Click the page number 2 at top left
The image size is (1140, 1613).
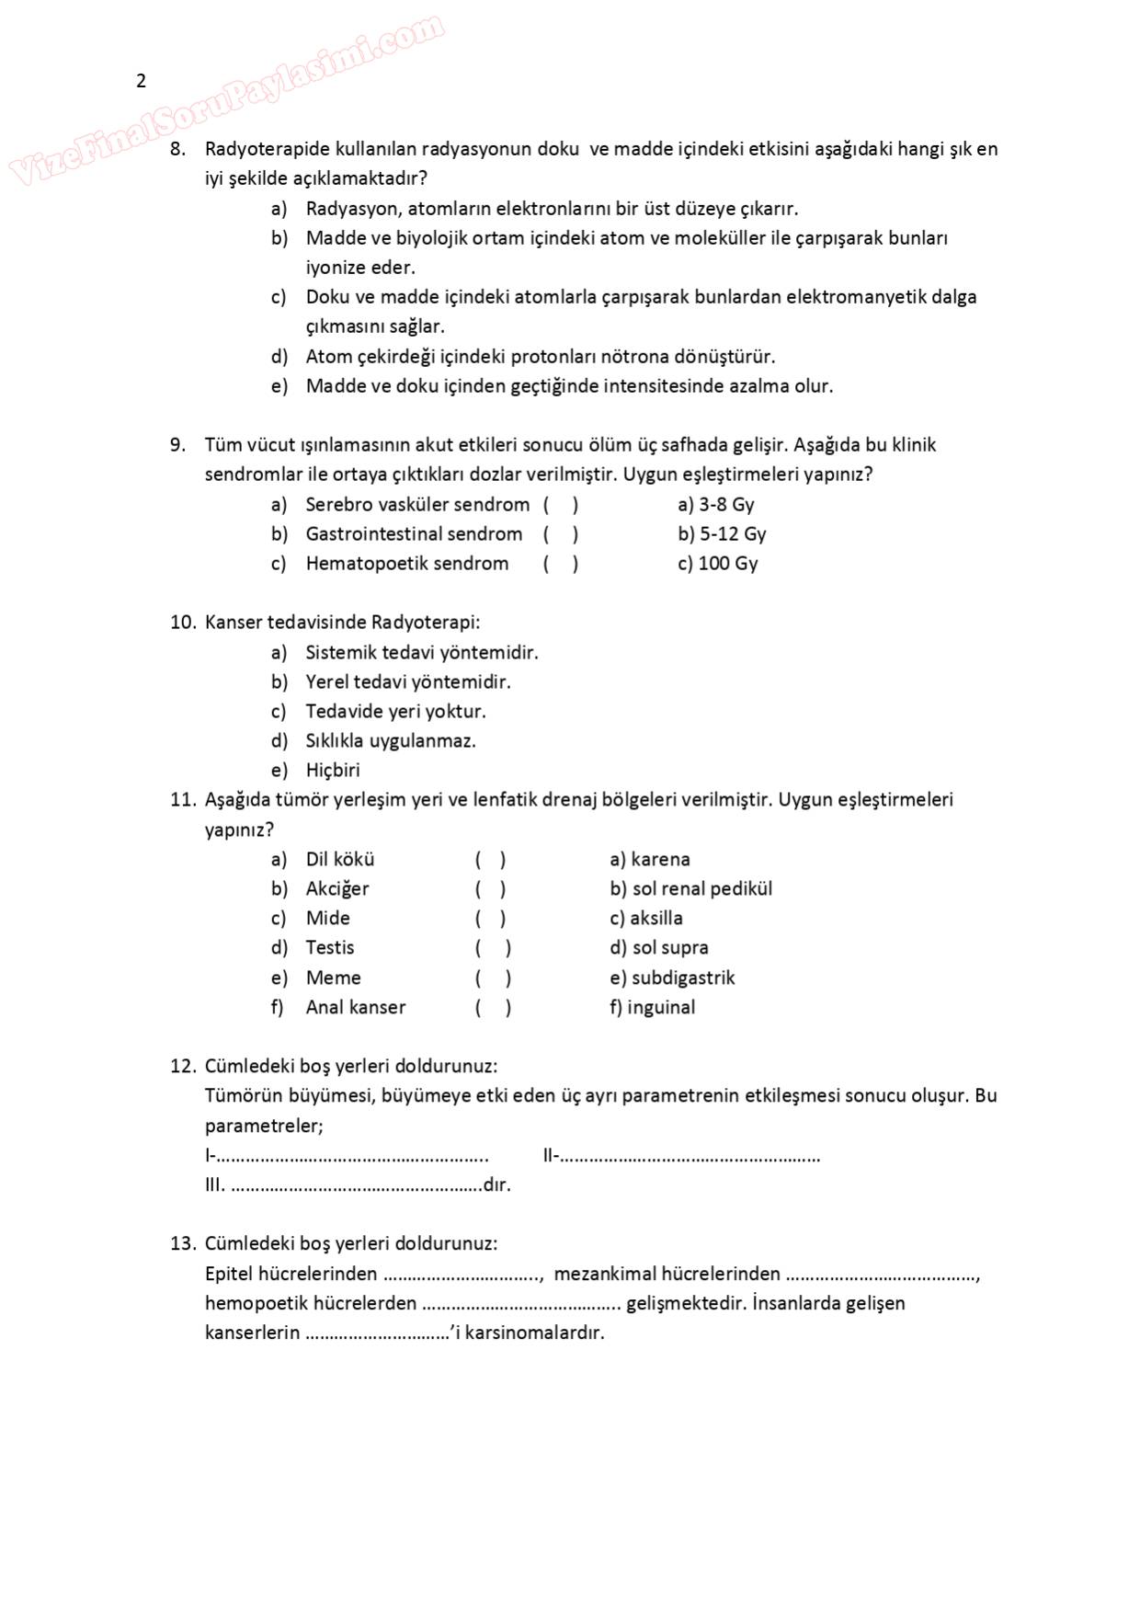[x=141, y=81]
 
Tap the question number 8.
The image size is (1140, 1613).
[x=177, y=149]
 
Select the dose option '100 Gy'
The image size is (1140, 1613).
[x=728, y=564]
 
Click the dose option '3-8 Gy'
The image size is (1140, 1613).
[x=726, y=505]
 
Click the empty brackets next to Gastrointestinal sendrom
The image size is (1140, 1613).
[x=560, y=534]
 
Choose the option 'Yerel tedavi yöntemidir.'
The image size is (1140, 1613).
[x=408, y=682]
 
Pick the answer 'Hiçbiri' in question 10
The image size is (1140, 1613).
[x=333, y=771]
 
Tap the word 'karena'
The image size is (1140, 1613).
[x=660, y=860]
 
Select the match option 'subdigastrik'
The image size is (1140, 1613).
[x=683, y=978]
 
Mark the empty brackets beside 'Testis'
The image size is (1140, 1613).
[x=493, y=948]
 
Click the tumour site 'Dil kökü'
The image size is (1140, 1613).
[x=340, y=860]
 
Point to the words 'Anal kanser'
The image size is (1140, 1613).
[x=356, y=1008]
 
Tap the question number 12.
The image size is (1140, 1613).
[x=182, y=1067]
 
